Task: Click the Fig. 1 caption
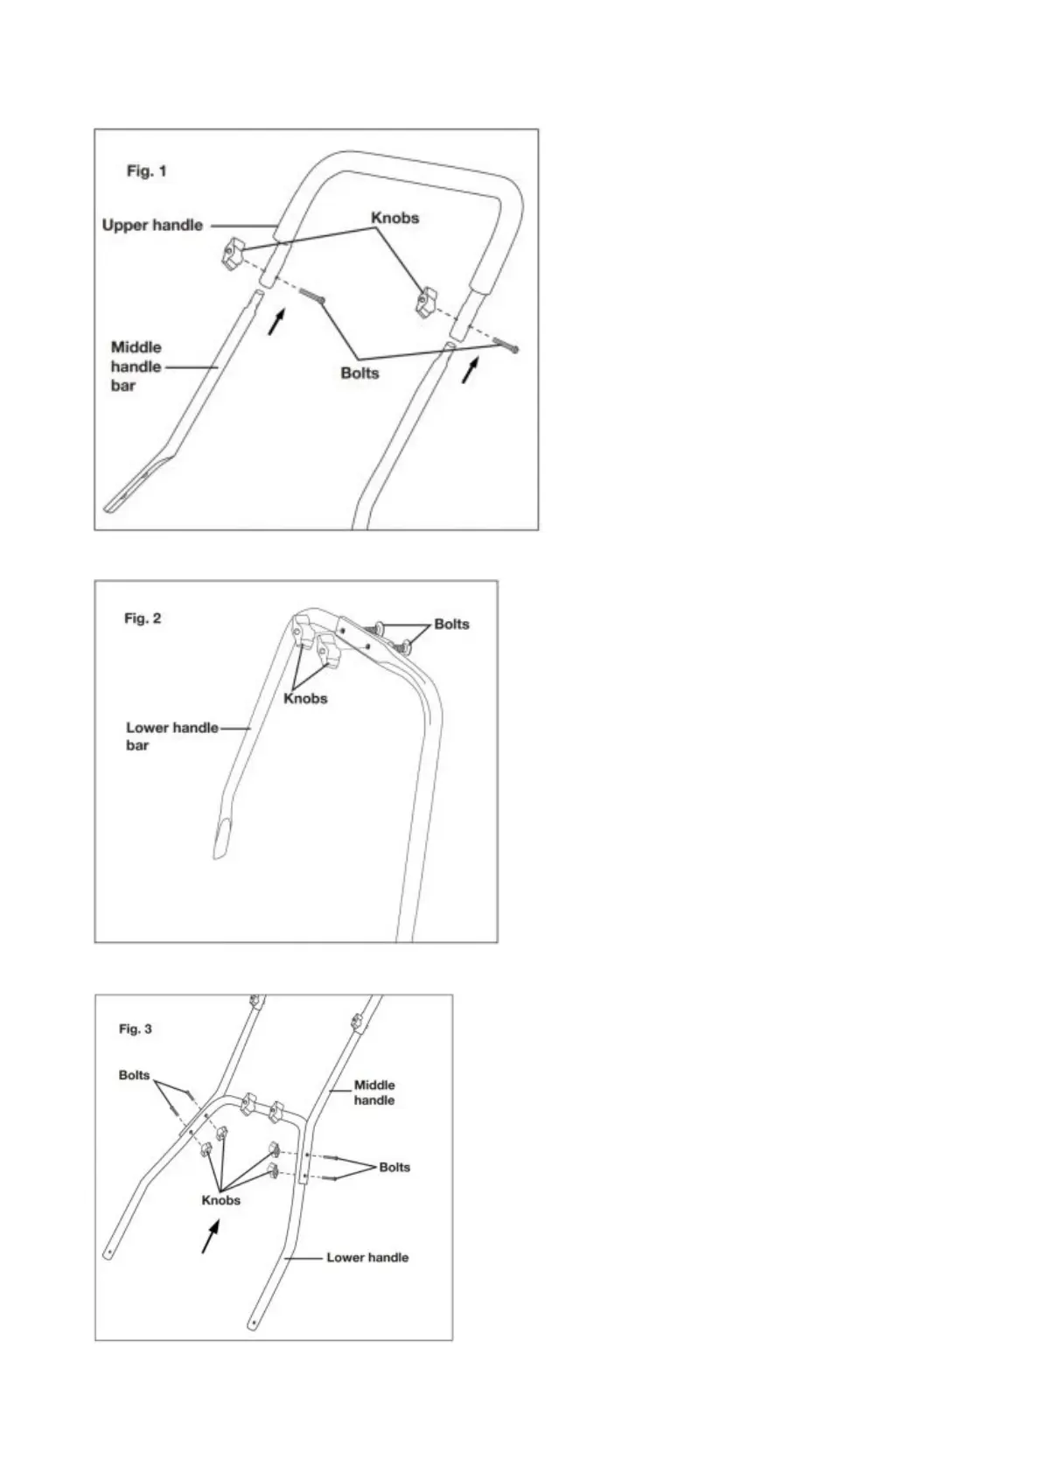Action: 146,171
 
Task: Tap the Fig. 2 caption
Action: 143,618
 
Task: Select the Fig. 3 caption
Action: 135,1029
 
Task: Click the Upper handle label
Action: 152,226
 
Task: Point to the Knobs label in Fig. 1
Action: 395,218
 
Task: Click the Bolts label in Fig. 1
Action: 360,373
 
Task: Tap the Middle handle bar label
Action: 136,367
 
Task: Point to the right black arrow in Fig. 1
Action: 471,369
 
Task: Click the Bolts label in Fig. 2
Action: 451,625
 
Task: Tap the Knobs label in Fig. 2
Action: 305,699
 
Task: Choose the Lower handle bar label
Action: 171,736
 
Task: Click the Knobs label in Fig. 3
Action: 220,1200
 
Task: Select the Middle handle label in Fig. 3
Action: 374,1093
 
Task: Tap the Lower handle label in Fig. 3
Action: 367,1258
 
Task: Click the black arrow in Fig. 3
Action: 209,1237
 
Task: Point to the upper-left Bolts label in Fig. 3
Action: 134,1075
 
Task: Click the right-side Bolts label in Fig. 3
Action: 395,1167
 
